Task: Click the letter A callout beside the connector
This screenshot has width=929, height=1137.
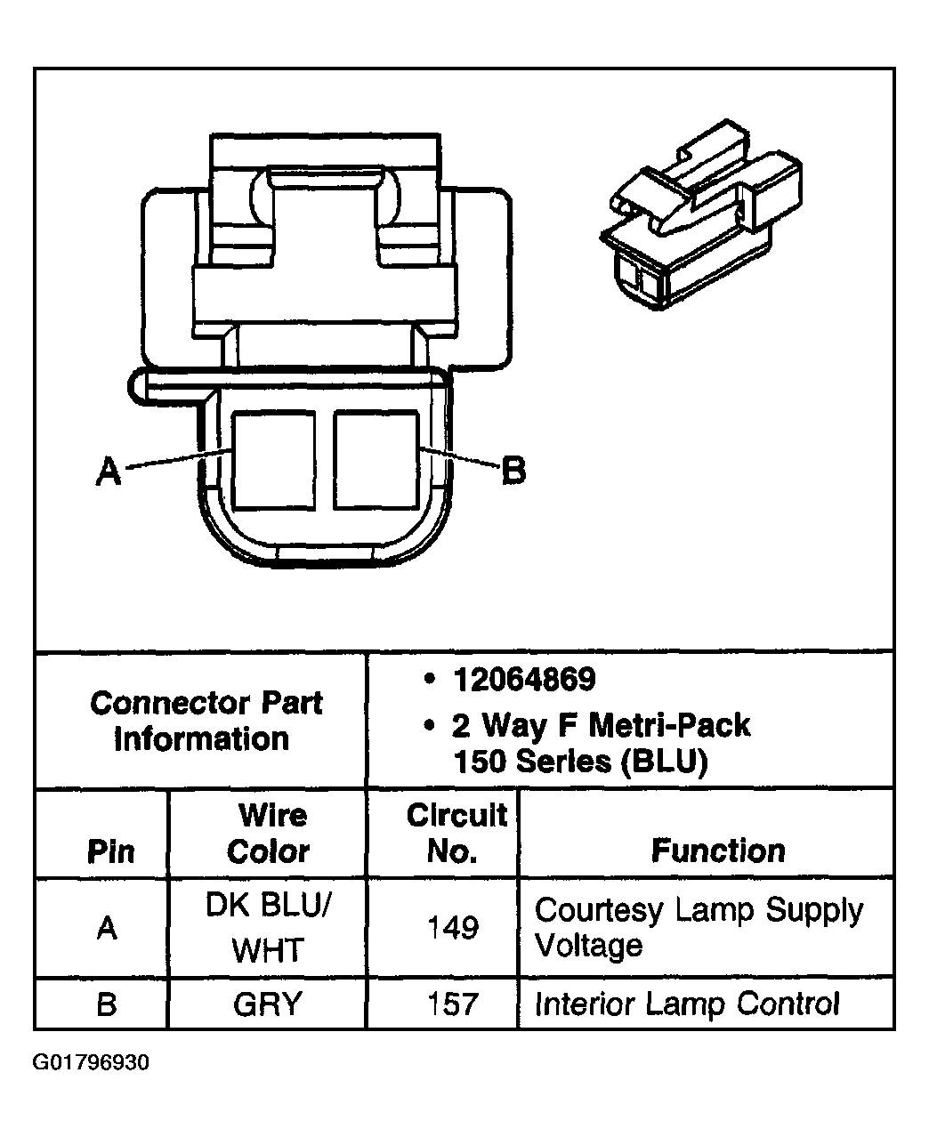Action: [108, 471]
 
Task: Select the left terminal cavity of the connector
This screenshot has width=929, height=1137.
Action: [273, 461]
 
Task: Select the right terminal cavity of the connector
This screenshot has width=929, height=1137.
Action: [376, 461]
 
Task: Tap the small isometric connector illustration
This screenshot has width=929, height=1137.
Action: [701, 218]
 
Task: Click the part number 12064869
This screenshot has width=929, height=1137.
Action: [523, 681]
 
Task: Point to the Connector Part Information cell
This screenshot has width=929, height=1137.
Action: [205, 721]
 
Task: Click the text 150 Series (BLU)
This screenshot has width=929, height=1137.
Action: [580, 762]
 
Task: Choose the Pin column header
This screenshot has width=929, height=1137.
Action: [110, 851]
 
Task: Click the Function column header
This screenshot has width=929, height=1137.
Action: [718, 851]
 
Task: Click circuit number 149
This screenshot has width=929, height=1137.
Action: [453, 928]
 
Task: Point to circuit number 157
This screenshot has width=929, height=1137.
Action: [453, 1004]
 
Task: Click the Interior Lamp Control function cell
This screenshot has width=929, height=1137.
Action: [686, 1004]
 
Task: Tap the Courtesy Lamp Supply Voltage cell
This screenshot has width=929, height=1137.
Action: [699, 927]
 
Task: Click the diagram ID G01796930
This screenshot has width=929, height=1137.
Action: [91, 1063]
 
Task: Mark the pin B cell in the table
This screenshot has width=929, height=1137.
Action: [106, 1004]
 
